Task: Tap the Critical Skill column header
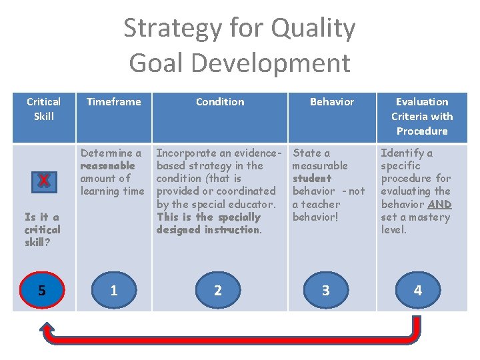click(x=43, y=109)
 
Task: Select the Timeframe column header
click(x=114, y=102)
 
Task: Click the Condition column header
click(x=220, y=102)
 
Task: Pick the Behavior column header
click(x=332, y=102)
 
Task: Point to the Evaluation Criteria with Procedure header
click(x=422, y=116)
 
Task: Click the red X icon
click(x=43, y=181)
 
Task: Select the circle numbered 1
click(x=114, y=290)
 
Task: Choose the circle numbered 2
click(x=218, y=290)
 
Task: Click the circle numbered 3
click(x=325, y=290)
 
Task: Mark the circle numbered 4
click(x=418, y=290)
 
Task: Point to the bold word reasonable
click(x=107, y=166)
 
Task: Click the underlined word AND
click(x=439, y=205)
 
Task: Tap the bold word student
click(x=312, y=179)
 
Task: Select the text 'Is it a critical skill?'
click(x=42, y=229)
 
